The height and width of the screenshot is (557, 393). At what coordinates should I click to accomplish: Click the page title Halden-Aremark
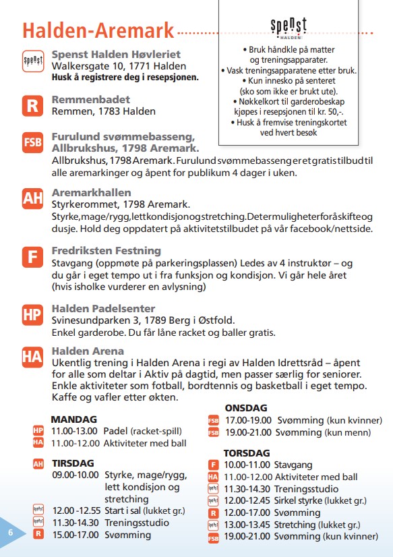98,30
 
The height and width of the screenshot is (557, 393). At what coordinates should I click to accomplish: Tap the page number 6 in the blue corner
11,532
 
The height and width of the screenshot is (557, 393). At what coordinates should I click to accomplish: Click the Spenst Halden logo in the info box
289,28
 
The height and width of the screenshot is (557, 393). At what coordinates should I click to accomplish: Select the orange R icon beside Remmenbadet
32,105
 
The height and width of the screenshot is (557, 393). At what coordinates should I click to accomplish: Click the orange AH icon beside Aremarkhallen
32,198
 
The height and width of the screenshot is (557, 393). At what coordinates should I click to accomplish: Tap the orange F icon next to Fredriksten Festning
32,257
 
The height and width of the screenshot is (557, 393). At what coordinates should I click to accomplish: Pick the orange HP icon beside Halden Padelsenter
32,314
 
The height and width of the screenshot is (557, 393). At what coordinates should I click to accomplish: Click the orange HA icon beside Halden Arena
32,357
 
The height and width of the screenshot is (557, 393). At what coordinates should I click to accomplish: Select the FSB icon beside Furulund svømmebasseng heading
32,142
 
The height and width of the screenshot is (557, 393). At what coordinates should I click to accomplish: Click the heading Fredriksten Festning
107,251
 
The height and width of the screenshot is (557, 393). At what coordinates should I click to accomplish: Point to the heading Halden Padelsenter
103,309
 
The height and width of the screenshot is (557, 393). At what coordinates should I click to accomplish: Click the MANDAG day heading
73,419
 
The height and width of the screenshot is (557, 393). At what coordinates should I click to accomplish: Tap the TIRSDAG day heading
73,463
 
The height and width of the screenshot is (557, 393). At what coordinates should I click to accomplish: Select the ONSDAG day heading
246,408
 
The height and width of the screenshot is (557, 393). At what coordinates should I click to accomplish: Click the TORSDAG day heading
247,453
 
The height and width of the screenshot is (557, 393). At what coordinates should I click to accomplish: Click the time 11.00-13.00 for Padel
75,430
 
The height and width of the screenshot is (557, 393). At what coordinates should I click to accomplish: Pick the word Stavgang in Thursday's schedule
293,465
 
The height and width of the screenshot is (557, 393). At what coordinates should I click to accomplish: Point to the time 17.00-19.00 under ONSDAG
248,420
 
